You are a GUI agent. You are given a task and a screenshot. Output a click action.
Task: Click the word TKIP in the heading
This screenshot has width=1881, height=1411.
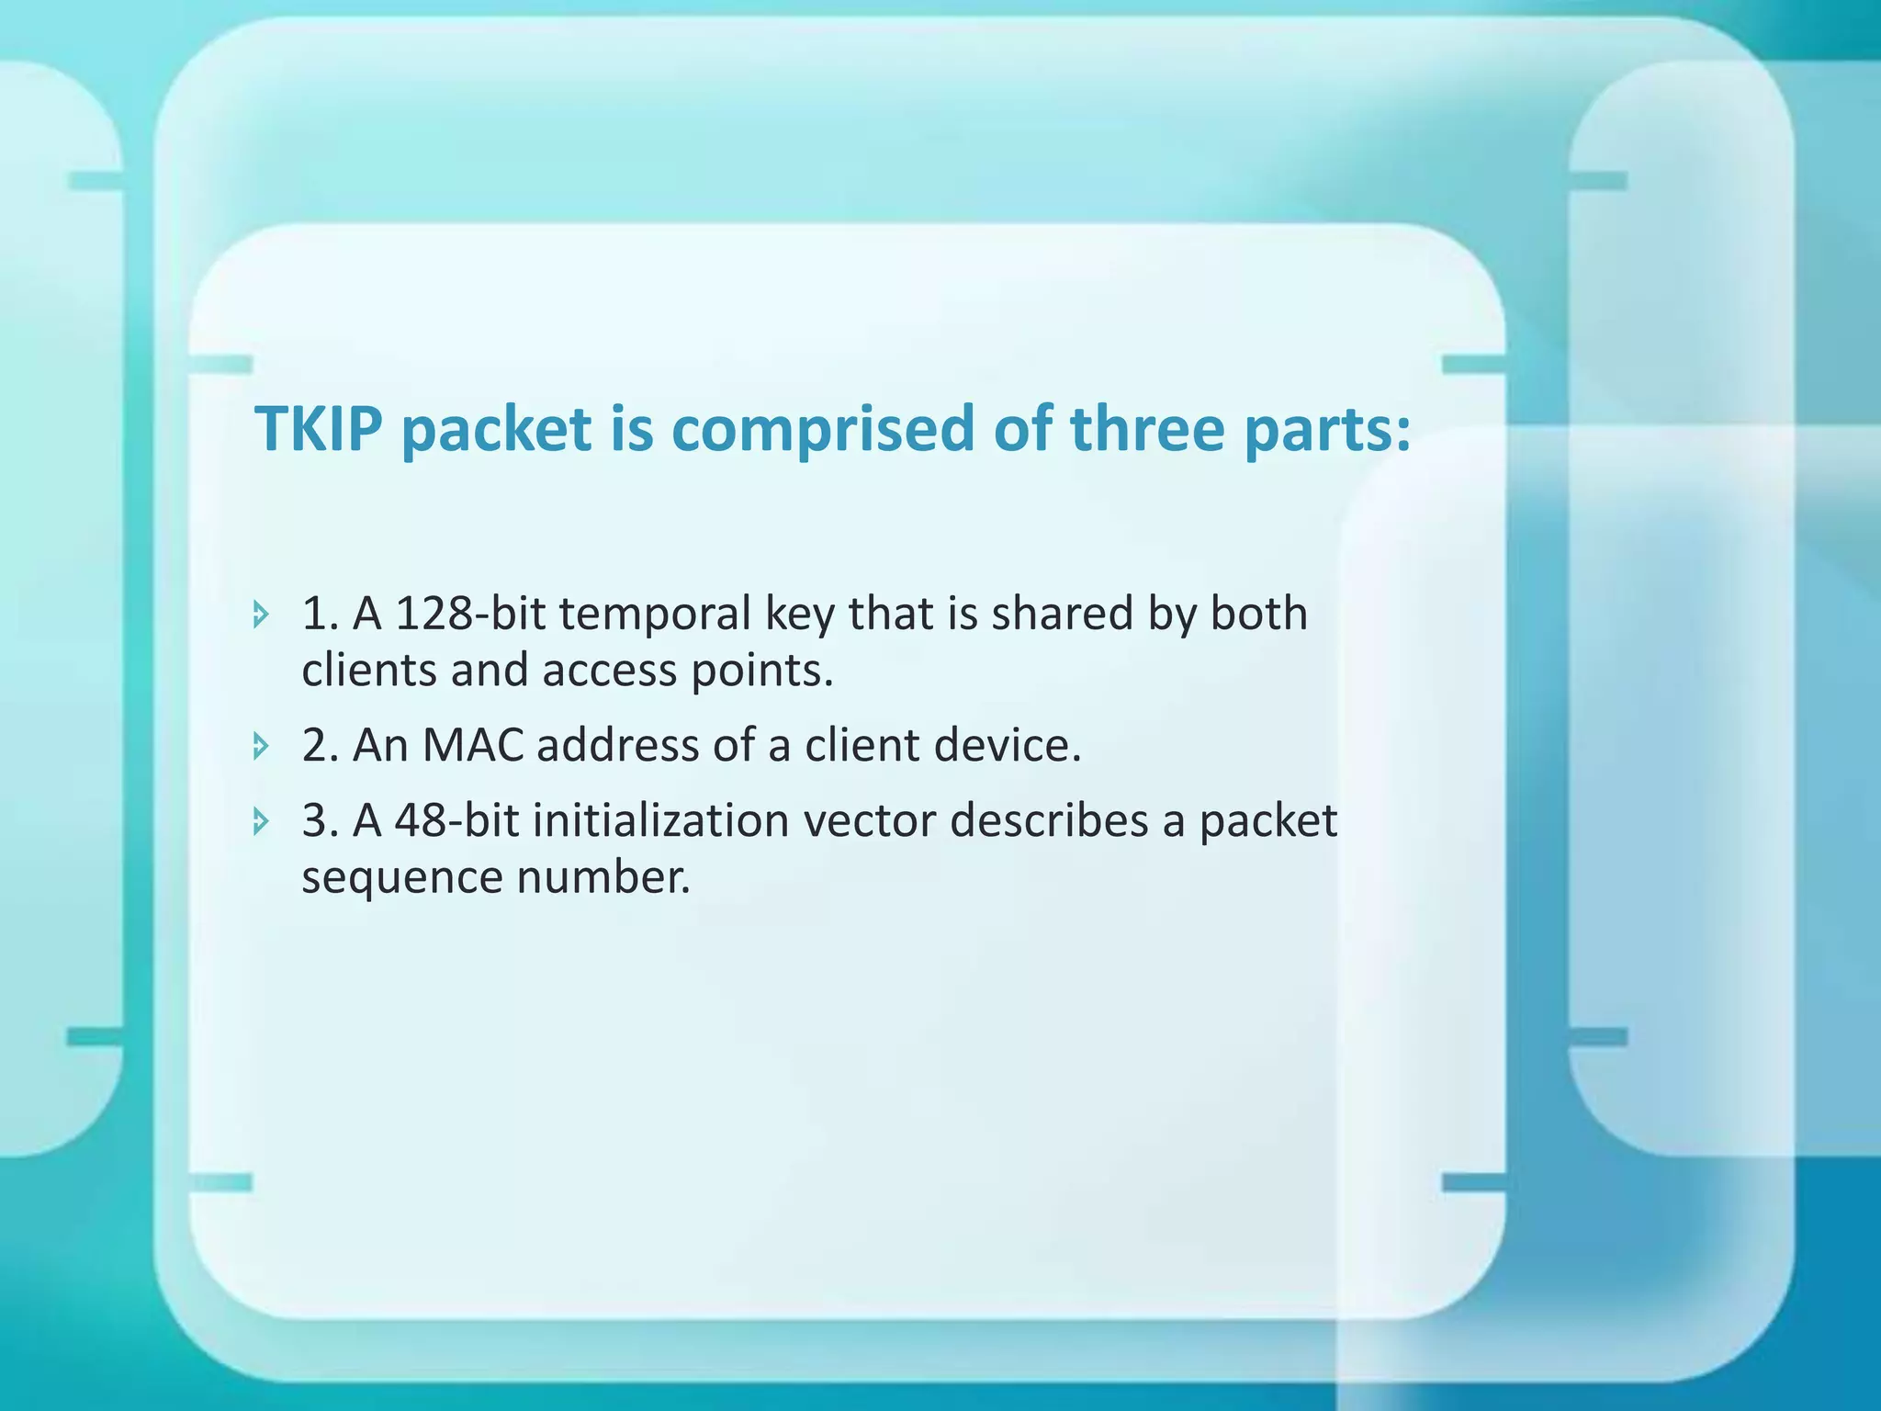319,429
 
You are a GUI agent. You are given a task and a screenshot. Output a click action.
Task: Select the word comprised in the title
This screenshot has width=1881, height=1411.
821,429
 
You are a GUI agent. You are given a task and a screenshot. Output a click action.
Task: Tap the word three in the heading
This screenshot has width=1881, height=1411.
1147,429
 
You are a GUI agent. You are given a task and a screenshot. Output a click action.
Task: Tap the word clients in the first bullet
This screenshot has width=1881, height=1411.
368,671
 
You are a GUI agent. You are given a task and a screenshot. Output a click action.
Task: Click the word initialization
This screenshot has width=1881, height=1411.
661,820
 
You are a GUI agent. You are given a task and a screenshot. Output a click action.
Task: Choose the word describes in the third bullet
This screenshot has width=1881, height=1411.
1049,820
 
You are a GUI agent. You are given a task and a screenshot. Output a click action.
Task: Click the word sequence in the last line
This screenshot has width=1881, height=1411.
401,877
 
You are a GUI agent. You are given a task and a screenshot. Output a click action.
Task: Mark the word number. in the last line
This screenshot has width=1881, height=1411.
603,877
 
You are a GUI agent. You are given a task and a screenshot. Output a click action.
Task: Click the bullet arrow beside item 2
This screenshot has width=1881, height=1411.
261,746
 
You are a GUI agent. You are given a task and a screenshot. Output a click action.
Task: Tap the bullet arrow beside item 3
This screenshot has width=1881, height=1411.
261,821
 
